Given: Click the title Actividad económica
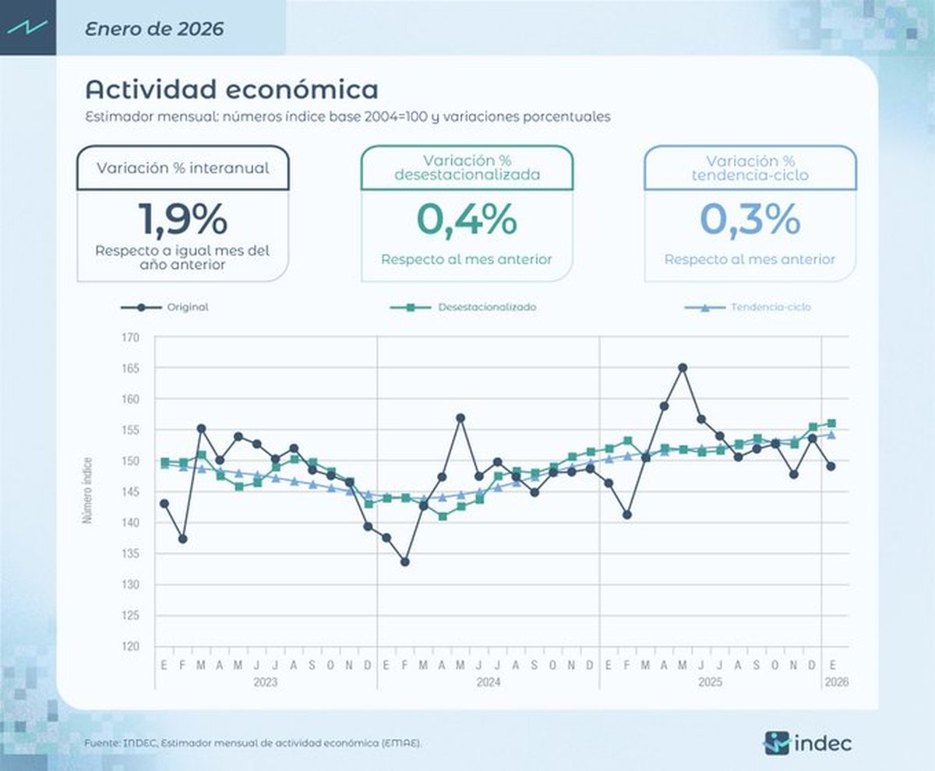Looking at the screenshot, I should point(231,90).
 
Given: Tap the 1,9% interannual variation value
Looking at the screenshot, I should point(183,219).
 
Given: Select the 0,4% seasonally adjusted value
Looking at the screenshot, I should point(467,219).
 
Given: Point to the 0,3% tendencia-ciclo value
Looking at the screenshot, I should point(750,219).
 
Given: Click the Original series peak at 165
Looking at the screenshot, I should point(683,368).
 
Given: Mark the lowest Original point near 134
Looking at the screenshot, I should point(404,562).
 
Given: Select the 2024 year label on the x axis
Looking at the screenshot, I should point(488,682).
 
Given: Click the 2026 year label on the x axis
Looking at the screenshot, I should point(835,682).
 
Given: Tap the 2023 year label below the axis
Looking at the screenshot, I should point(266,682).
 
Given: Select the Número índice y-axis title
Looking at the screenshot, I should point(89,489).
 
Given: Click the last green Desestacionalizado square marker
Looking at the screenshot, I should point(831,423).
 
